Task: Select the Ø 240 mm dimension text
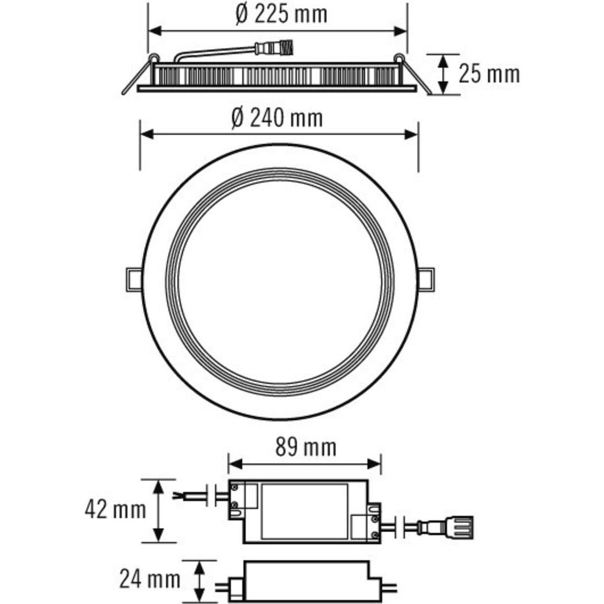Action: point(277,118)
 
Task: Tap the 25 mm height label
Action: point(489,74)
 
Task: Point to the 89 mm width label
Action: point(305,448)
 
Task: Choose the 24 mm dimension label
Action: point(150,580)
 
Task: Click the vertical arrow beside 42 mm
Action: point(159,510)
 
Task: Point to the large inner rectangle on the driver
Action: point(304,511)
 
